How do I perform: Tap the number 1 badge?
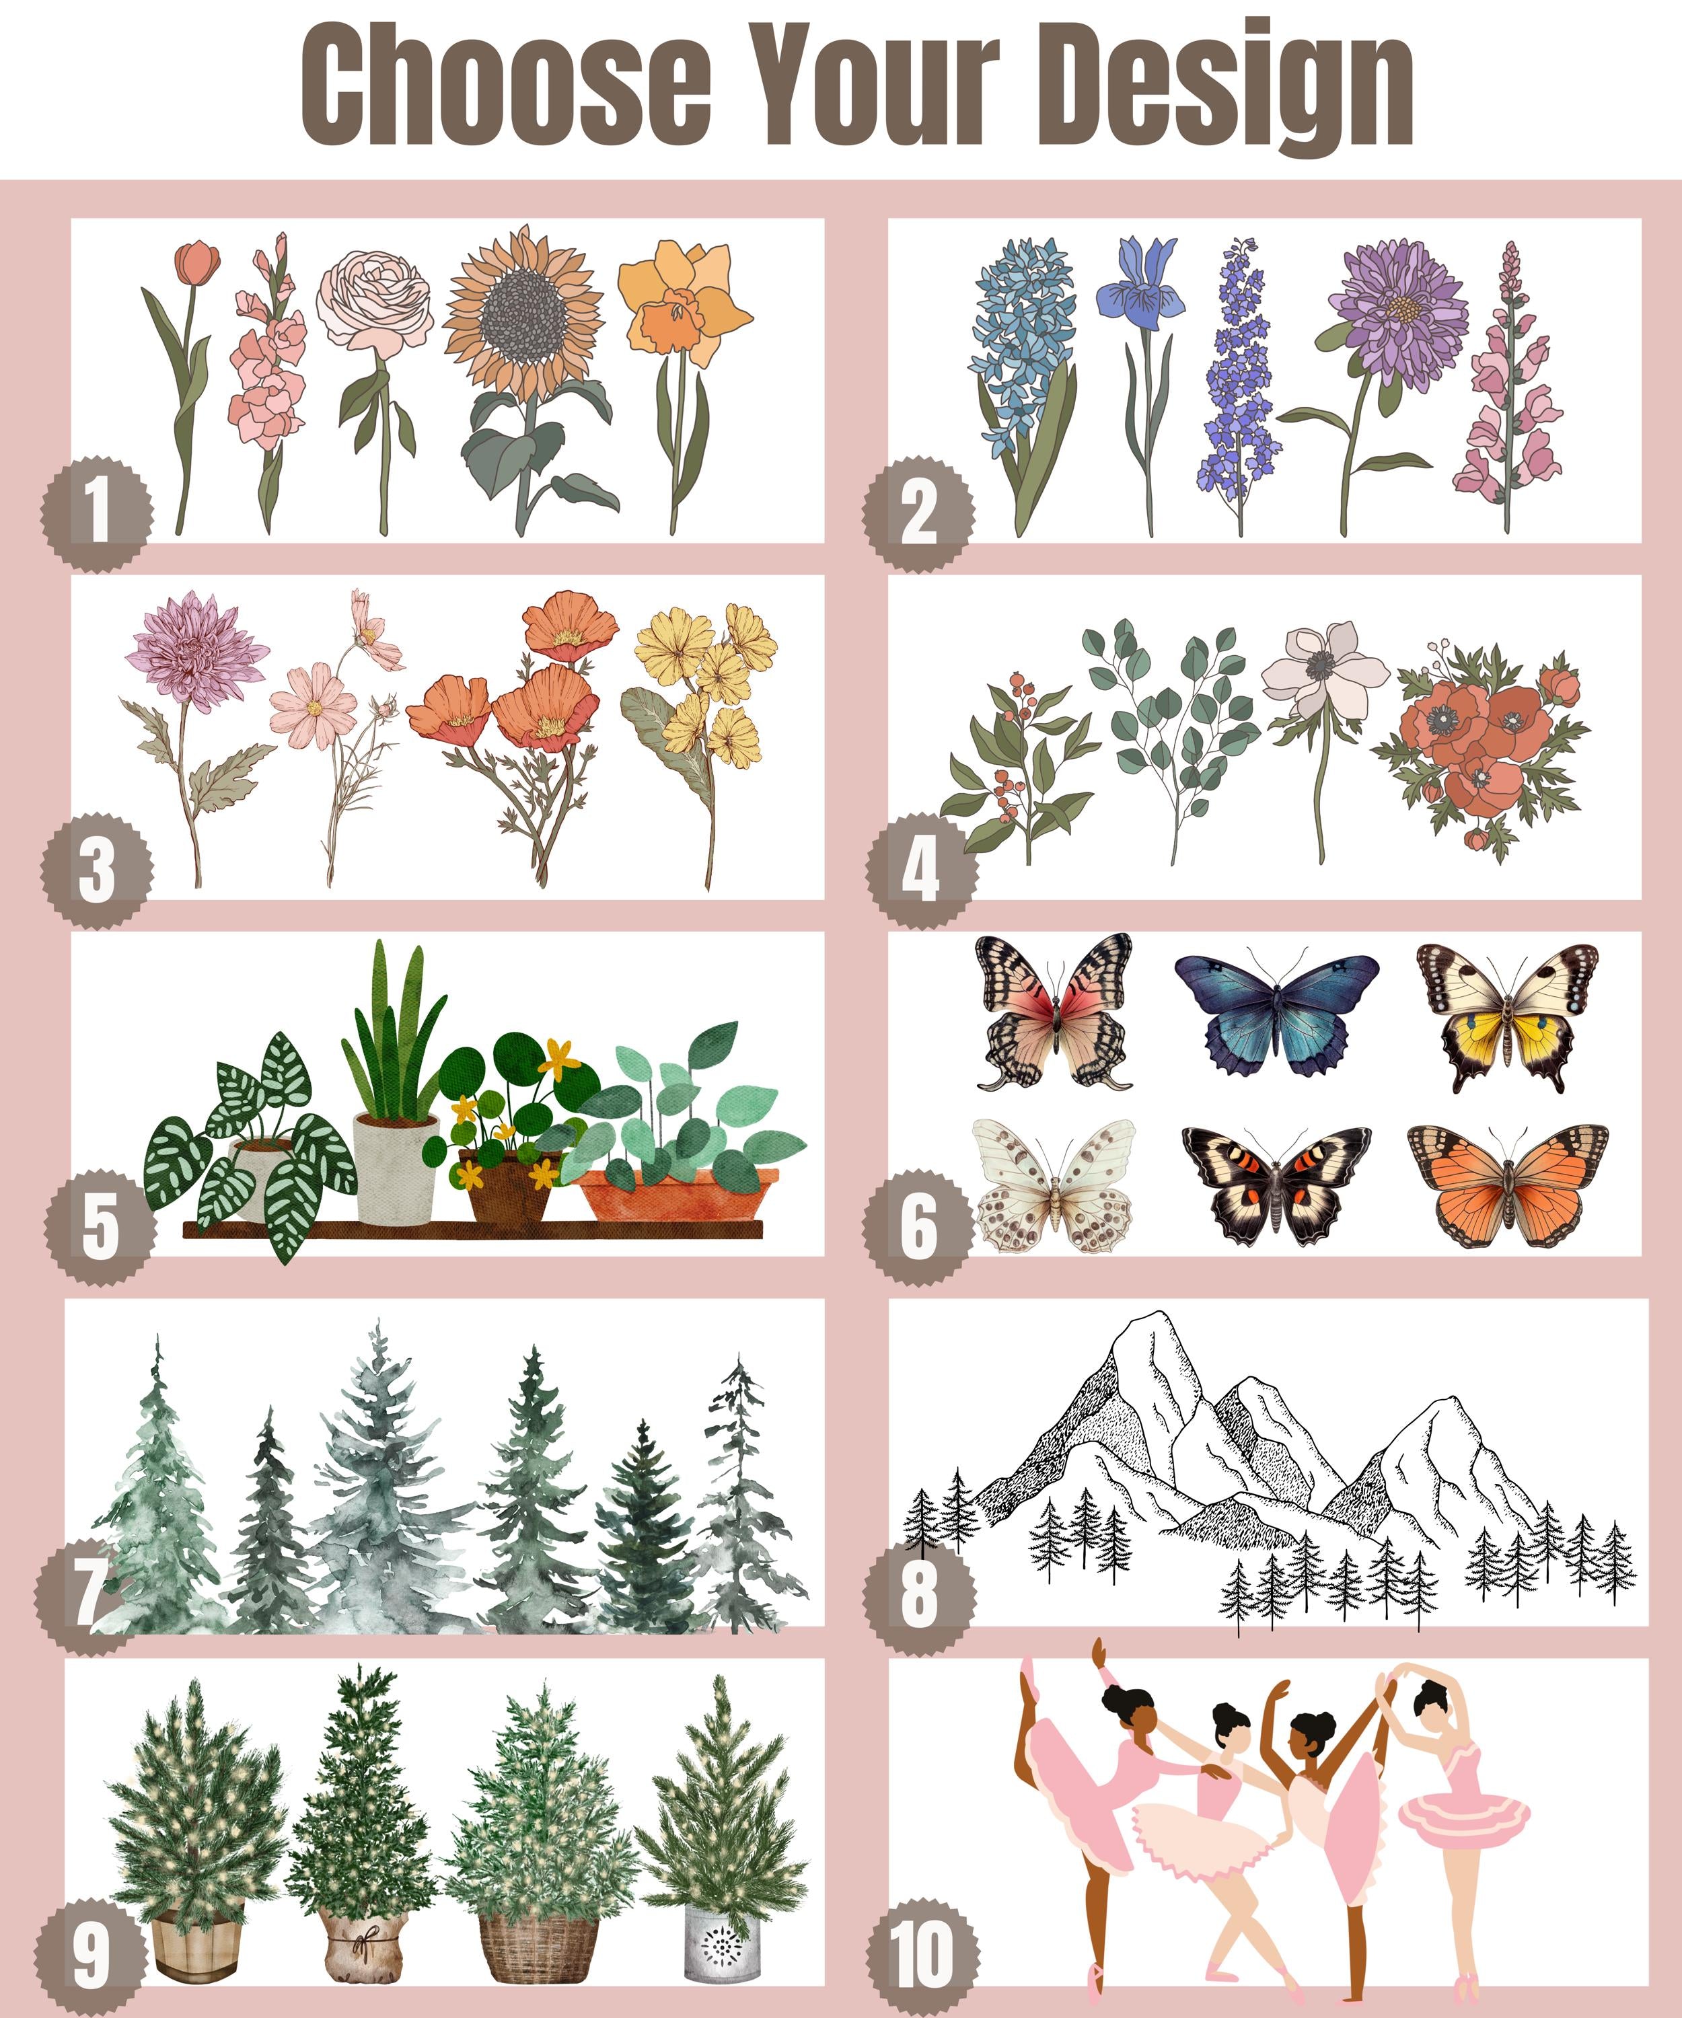click(x=96, y=512)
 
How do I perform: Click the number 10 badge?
click(x=922, y=1955)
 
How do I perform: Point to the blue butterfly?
click(x=1276, y=1014)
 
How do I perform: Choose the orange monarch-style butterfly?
click(x=1507, y=1186)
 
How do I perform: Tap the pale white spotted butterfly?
click(x=1054, y=1186)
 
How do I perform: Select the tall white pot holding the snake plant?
click(x=395, y=1168)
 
